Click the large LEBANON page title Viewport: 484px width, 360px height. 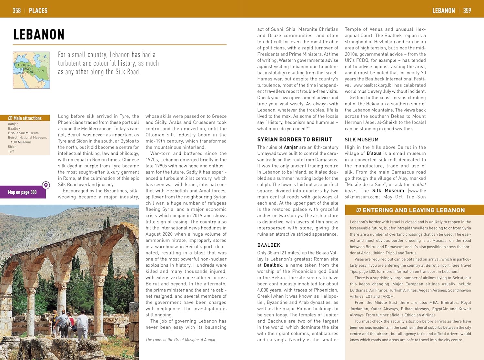click(39, 35)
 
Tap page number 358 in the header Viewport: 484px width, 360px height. click(16, 11)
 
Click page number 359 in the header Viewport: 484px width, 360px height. click(467, 11)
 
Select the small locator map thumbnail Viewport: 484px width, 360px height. click(31, 70)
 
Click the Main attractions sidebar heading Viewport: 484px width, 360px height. click(25, 118)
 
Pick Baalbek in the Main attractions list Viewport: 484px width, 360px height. click(14, 129)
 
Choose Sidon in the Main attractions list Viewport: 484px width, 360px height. click(12, 147)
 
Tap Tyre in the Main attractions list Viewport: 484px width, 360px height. click(11, 151)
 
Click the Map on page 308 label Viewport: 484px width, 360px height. click(22, 192)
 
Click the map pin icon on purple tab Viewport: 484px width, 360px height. click(46, 185)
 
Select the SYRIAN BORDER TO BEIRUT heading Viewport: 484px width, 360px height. click(294, 139)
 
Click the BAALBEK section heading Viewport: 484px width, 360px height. click(268, 245)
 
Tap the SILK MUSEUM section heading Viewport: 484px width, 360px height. click(361, 139)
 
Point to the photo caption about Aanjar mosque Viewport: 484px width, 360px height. click(180, 340)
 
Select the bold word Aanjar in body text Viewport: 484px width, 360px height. click(291, 147)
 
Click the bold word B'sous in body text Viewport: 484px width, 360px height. click(374, 153)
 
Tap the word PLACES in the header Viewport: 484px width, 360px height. click(38, 11)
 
